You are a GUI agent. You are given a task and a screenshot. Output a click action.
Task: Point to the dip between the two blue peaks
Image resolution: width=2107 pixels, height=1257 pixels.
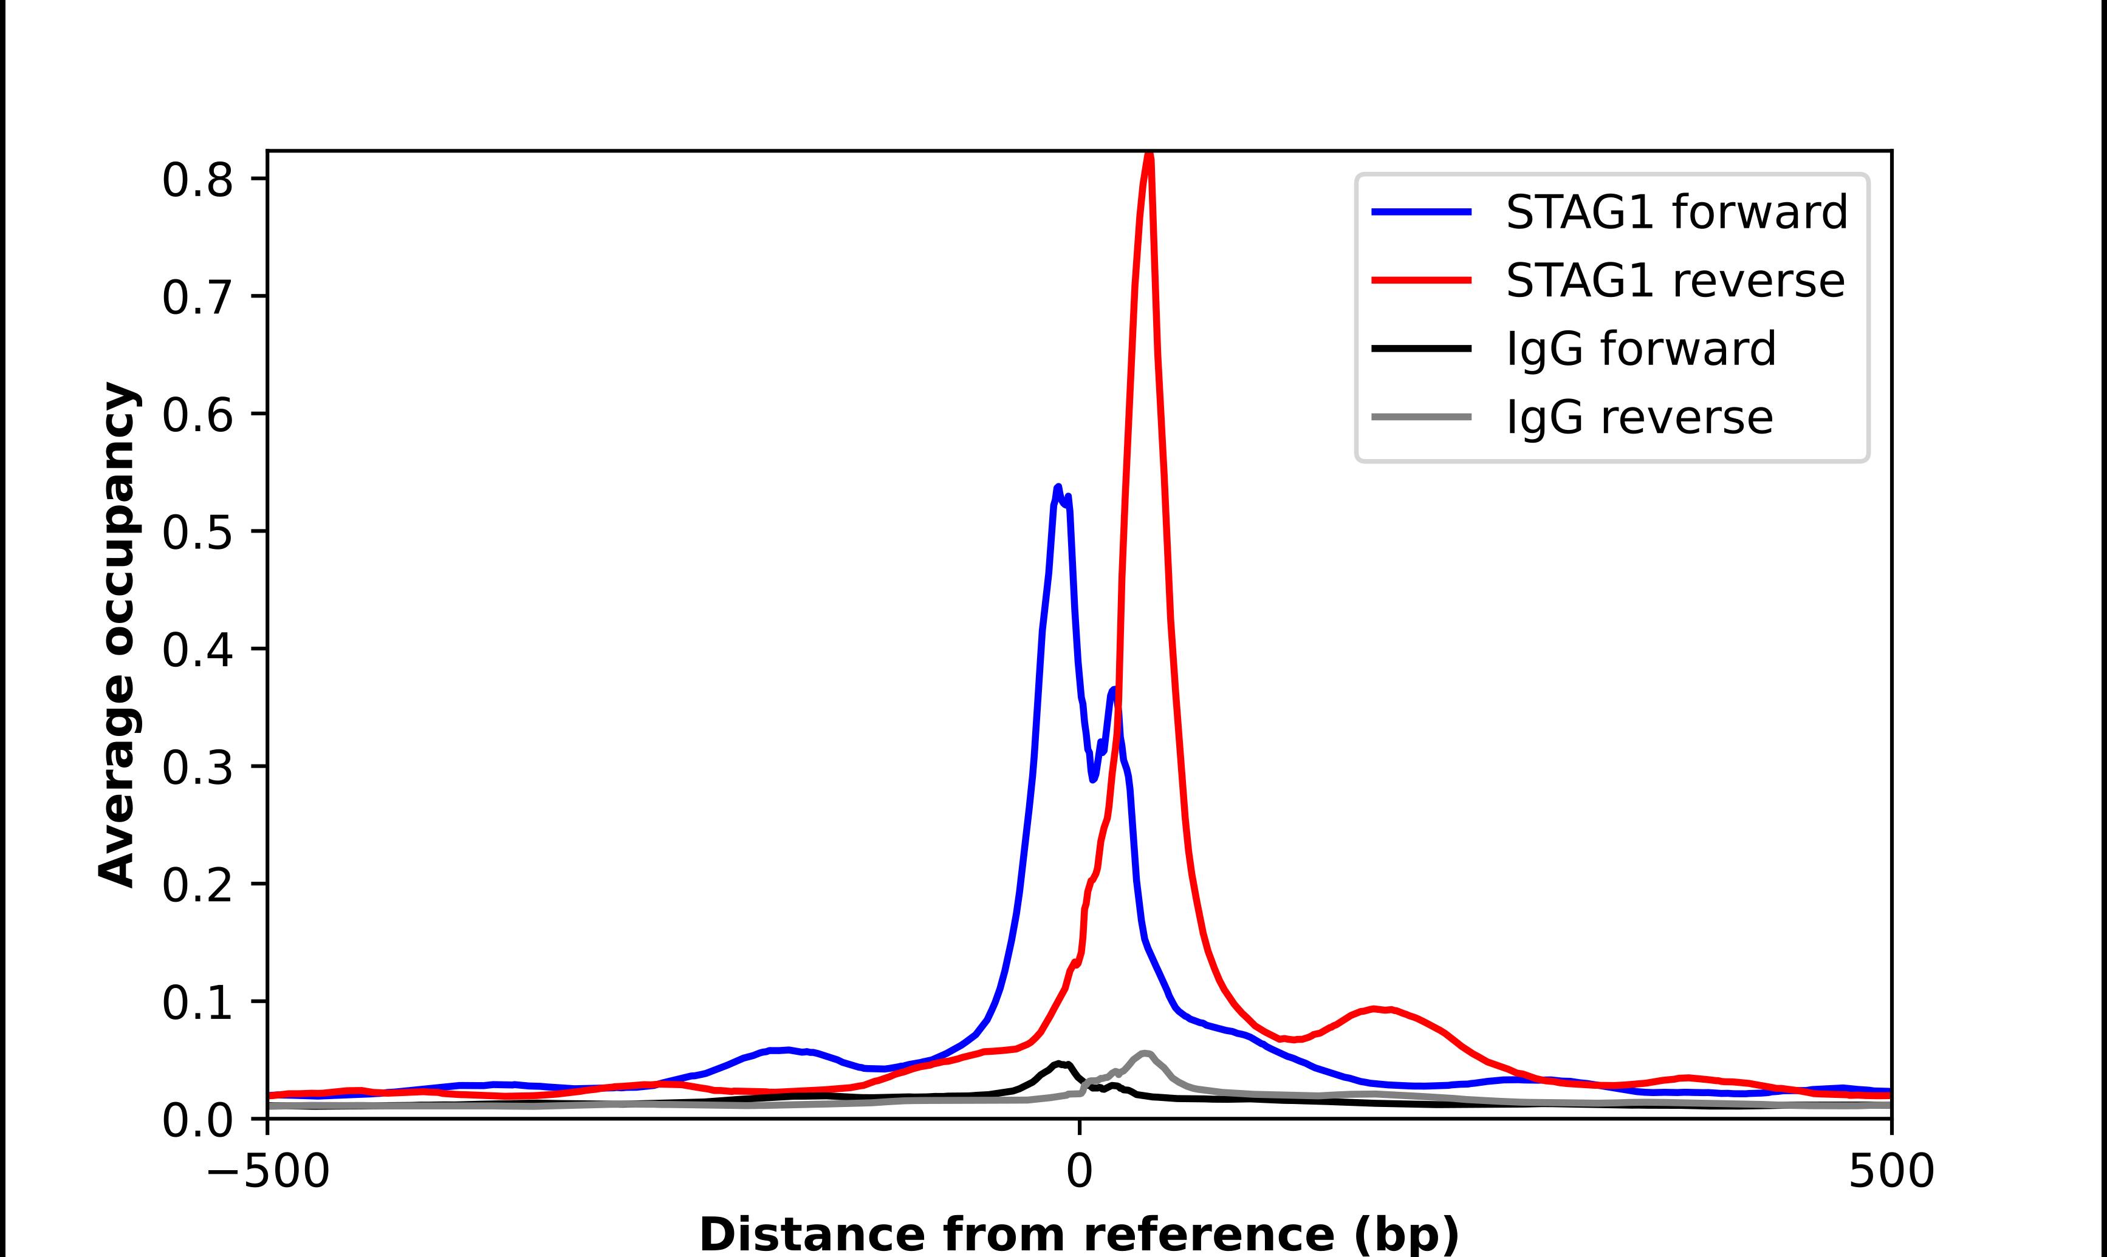[x=1093, y=777]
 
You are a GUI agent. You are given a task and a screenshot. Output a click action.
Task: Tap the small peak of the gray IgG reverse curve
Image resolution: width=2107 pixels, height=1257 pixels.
[x=1145, y=1054]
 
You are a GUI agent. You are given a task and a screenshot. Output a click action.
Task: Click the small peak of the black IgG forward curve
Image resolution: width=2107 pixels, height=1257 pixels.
[x=1059, y=1063]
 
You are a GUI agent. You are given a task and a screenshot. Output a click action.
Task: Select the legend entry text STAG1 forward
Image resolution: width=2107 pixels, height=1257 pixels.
[x=1676, y=212]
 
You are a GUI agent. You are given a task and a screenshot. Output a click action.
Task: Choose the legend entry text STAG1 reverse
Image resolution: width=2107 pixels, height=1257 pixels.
[x=1675, y=281]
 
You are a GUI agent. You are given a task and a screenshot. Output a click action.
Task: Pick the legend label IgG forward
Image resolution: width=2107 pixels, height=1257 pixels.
[x=1640, y=349]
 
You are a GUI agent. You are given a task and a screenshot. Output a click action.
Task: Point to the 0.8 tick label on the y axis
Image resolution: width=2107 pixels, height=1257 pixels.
[x=197, y=180]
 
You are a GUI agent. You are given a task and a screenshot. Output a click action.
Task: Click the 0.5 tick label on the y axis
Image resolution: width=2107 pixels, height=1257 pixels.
[x=197, y=533]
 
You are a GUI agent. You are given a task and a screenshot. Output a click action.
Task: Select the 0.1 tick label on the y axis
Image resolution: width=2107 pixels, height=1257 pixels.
[x=197, y=1004]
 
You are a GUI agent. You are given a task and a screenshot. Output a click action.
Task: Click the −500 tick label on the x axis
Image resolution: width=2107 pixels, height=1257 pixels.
[x=268, y=1173]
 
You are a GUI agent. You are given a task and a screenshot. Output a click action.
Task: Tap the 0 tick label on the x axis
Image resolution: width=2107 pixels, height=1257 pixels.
[x=1078, y=1173]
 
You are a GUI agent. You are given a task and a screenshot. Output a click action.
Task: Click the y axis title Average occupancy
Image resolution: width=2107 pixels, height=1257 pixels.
[x=117, y=635]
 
